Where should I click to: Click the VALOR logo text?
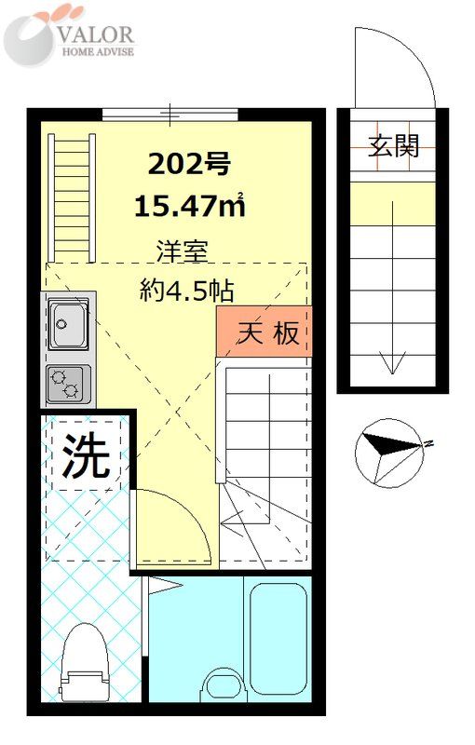(97, 34)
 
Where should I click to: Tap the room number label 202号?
(189, 165)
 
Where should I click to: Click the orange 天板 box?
(263, 332)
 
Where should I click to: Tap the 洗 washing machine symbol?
(86, 457)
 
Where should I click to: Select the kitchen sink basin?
(68, 325)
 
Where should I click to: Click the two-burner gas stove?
(68, 381)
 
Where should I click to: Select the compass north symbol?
(387, 448)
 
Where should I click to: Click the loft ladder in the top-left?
(73, 196)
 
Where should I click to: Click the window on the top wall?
(170, 114)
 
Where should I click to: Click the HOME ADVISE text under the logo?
(98, 52)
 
